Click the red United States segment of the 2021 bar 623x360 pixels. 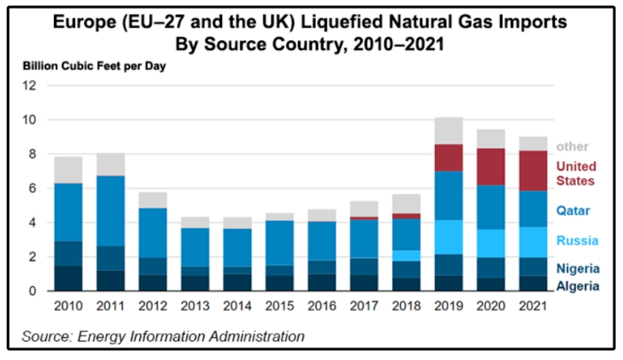(x=534, y=171)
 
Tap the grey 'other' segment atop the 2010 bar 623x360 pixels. (x=68, y=170)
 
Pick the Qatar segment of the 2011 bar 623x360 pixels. (x=111, y=211)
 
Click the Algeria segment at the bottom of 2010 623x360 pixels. (x=68, y=279)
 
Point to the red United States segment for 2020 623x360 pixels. (x=490, y=167)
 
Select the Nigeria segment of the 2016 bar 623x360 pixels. (x=322, y=267)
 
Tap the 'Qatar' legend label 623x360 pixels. (x=572, y=210)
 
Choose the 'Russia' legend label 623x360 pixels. (x=577, y=240)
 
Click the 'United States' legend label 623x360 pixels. (x=576, y=174)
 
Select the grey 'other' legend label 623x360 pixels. (x=572, y=146)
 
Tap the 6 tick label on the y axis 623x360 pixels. (x=32, y=189)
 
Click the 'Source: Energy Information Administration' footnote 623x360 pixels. (x=163, y=336)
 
